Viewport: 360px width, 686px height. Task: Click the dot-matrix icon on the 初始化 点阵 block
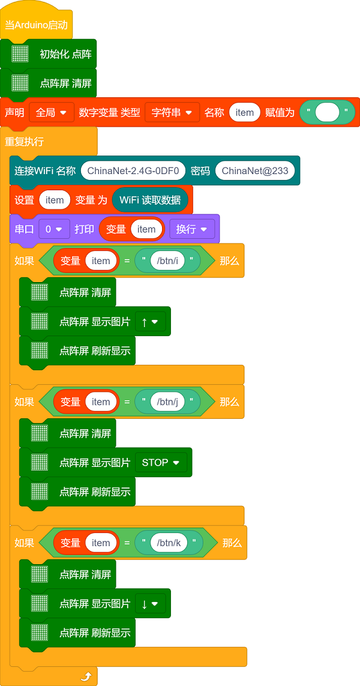point(20,54)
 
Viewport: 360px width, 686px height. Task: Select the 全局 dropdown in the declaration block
point(51,112)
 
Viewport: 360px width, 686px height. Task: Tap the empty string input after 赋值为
point(327,112)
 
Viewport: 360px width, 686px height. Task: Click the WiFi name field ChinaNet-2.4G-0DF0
point(133,170)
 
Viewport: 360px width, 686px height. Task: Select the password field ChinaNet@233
point(255,170)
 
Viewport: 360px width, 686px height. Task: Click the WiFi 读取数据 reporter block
point(150,200)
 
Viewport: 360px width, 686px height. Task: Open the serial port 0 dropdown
point(54,229)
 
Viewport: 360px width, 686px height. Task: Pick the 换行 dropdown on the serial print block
point(191,229)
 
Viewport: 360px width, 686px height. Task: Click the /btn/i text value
point(167,260)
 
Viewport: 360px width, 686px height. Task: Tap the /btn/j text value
point(167,402)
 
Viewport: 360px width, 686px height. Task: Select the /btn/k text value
point(169,543)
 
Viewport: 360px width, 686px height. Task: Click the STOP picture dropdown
point(161,463)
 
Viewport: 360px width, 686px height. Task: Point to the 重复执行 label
point(24,142)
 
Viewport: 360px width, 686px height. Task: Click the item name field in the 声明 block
point(245,112)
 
